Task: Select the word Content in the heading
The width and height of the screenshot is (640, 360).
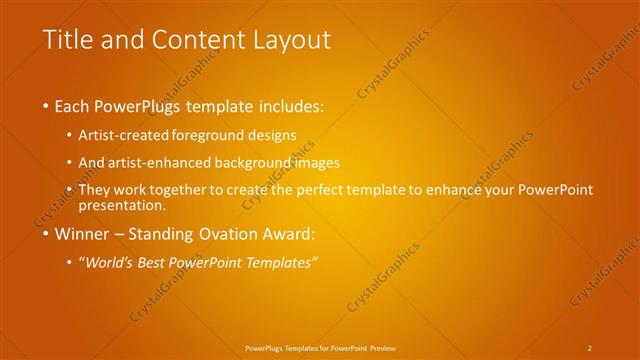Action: (x=196, y=40)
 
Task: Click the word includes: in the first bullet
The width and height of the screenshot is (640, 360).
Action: (x=289, y=105)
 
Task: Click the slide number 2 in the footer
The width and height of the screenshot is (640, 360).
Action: (x=589, y=347)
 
